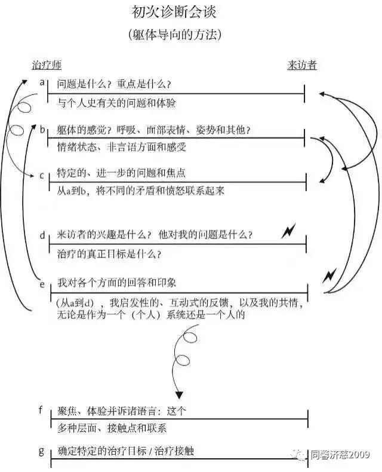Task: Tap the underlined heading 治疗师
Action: pos(46,65)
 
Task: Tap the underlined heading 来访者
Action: pos(302,65)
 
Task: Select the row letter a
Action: pos(42,82)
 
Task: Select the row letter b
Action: pos(42,129)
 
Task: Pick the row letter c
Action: pos(42,175)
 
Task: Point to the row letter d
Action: pos(42,235)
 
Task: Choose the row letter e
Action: pos(42,284)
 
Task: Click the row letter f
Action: pos(41,410)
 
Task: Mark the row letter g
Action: pos(41,450)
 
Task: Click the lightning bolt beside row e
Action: pos(329,276)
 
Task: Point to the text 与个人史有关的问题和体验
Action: pos(116,103)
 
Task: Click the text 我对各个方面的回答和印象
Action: pos(116,281)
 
